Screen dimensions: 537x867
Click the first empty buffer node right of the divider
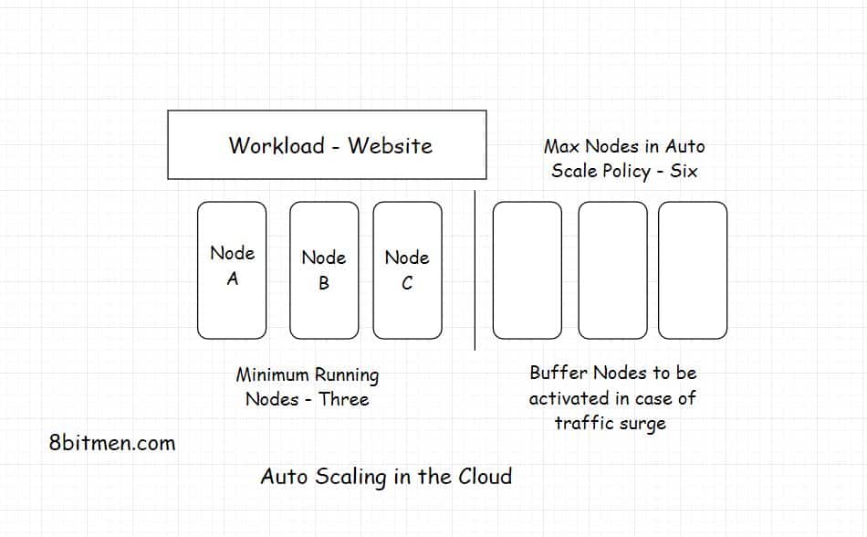pos(527,270)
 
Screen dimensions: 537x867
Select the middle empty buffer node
pos(612,270)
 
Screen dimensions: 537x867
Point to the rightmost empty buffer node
pos(693,270)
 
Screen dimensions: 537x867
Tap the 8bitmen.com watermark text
pos(112,444)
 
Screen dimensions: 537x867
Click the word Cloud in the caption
pos(482,476)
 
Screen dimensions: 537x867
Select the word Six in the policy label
pos(684,171)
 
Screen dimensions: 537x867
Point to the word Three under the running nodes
pos(344,399)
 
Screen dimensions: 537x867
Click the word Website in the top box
pos(390,145)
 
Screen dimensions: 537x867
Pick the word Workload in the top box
pos(276,145)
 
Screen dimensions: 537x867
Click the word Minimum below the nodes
pos(272,374)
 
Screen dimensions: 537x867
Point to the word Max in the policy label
pos(562,146)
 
